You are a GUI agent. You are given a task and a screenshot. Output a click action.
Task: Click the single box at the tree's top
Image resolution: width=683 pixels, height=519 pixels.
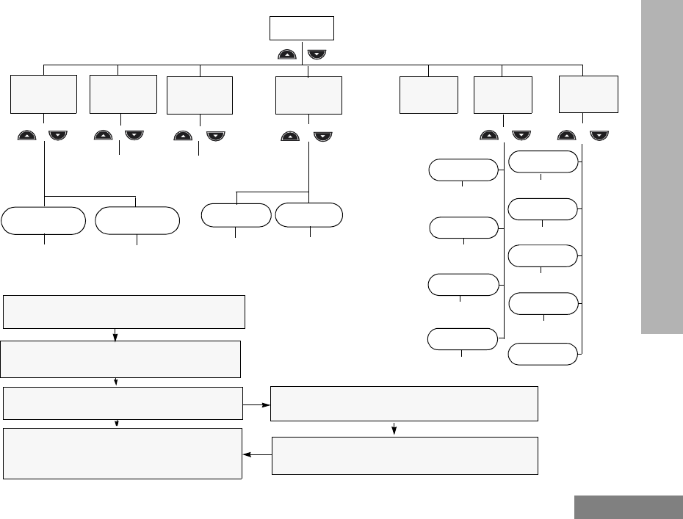302,28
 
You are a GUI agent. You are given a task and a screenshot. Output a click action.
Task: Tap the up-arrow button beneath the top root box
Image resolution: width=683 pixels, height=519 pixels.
288,54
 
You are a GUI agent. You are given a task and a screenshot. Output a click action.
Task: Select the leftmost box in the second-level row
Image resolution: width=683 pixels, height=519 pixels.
44,94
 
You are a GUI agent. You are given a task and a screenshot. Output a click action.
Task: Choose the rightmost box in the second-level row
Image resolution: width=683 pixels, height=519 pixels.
588,92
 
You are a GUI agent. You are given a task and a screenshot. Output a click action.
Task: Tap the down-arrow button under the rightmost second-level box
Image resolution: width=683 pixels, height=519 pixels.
599,135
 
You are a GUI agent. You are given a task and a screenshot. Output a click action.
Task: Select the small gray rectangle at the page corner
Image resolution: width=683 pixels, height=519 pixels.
628,507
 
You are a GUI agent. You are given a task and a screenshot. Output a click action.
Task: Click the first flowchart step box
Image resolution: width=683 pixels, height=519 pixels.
123,312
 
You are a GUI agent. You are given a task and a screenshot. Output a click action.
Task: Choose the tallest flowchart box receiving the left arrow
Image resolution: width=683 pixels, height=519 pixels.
123,454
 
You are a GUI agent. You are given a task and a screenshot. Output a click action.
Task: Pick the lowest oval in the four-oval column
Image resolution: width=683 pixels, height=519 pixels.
463,339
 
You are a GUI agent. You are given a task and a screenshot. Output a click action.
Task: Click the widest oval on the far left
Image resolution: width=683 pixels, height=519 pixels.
43,220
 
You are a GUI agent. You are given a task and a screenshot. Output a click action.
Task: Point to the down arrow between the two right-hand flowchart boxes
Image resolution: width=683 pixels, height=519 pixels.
396,429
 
